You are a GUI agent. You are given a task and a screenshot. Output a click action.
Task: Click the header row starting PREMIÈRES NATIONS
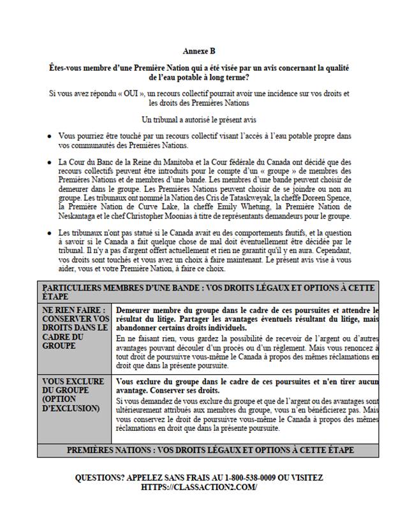210,450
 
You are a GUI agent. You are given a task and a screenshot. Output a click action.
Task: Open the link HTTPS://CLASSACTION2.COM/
199,486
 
